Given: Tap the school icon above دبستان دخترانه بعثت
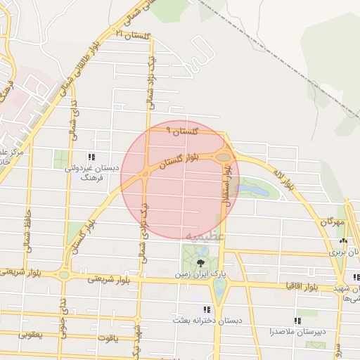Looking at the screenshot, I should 207,309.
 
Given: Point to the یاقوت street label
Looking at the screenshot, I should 110,338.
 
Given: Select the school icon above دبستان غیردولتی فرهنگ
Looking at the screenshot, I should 91,156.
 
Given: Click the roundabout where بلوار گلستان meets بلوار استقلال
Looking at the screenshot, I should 223,158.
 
